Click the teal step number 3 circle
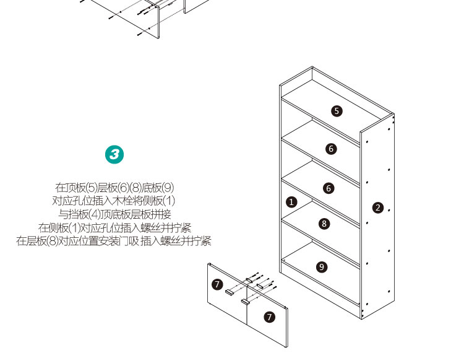coord(114,154)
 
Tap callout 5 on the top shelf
coord(337,111)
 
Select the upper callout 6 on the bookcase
coord(331,149)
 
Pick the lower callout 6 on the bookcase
coord(329,188)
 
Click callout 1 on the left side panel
coord(291,202)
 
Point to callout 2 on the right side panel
coord(378,208)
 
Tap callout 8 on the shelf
coord(324,224)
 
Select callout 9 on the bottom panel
coord(322,267)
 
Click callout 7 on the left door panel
coord(218,284)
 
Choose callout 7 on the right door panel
coord(269,317)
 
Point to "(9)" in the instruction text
coord(168,188)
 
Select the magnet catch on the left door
coord(230,292)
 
